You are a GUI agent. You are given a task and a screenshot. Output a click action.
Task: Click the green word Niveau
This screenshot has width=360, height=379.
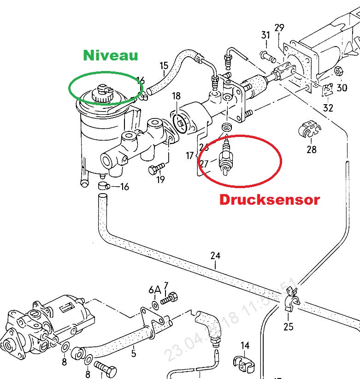110,56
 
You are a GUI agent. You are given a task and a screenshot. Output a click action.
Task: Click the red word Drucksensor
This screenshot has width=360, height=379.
269,200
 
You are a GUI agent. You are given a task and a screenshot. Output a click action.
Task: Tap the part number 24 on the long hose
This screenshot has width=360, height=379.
215,255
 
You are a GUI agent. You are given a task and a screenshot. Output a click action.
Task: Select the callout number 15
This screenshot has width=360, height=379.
164,66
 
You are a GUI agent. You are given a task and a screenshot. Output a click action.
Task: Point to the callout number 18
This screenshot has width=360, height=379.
176,96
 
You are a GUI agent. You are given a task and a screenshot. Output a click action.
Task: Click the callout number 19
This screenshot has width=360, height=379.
160,180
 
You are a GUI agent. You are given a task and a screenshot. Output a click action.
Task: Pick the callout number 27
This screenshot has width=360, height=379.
204,163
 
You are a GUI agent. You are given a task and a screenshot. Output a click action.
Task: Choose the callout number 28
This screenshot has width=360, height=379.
312,149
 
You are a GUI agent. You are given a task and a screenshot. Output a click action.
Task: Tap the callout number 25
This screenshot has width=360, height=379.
289,327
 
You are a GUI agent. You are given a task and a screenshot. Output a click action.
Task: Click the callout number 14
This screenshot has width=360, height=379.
245,345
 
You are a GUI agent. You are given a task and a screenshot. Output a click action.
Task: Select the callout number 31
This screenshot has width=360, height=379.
265,35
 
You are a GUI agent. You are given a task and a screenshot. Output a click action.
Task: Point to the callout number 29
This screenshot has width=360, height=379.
279,28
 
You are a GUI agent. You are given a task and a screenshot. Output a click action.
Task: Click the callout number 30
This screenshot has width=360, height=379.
342,87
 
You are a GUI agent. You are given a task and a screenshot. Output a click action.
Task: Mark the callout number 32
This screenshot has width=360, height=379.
328,109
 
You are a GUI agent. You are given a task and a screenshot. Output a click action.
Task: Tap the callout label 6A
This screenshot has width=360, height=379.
154,290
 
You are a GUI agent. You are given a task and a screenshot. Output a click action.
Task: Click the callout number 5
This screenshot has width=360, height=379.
133,354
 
